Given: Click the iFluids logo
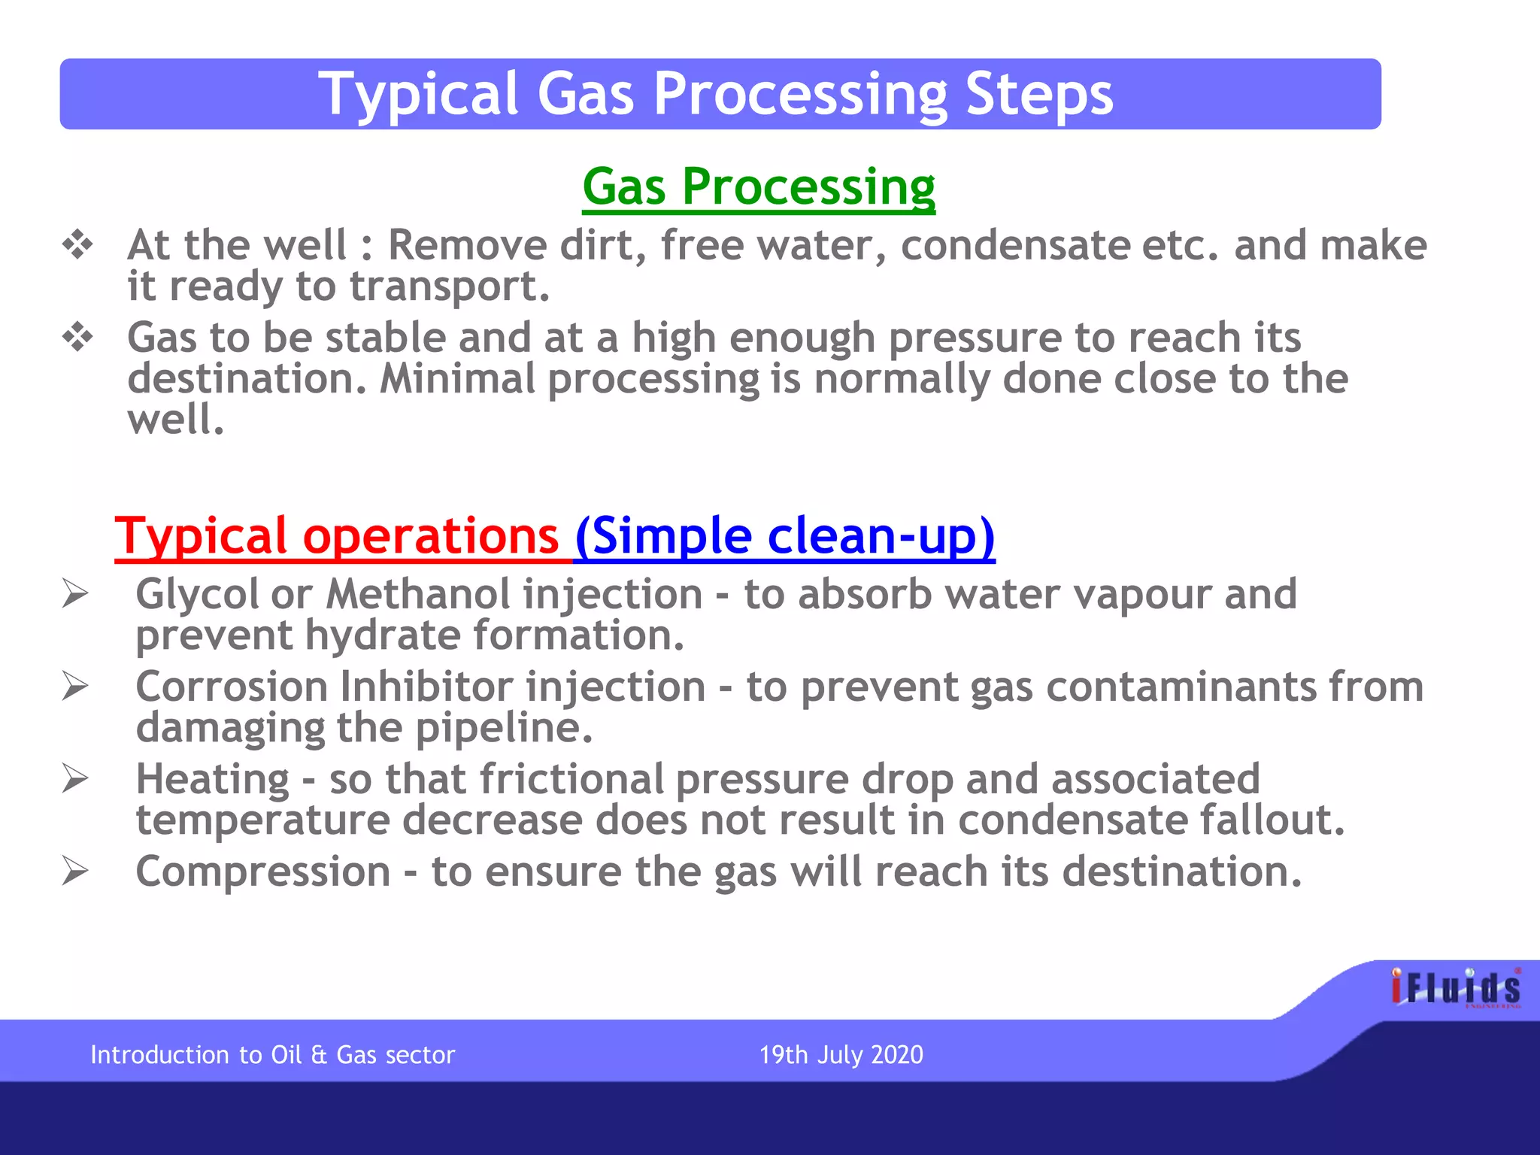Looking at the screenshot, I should [1456, 987].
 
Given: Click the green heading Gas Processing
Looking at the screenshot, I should [758, 186].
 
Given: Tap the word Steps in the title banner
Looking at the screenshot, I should [1038, 94].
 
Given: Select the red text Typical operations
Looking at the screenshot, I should [337, 535].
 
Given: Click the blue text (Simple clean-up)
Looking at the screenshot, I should [785, 535].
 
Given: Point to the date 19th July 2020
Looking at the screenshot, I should [841, 1054].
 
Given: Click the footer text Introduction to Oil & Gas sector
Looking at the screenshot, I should [272, 1054].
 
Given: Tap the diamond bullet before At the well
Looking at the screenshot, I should [77, 245].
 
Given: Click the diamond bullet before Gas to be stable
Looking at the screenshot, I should [77, 338].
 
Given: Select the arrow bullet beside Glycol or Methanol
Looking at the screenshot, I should [75, 594].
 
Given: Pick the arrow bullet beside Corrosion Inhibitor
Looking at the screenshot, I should [75, 687].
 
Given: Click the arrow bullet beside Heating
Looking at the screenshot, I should [75, 778].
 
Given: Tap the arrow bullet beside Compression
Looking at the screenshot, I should [75, 872].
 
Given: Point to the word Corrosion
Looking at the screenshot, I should [232, 687].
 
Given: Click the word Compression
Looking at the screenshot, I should [262, 872].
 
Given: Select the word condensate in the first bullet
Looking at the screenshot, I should [1014, 245].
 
